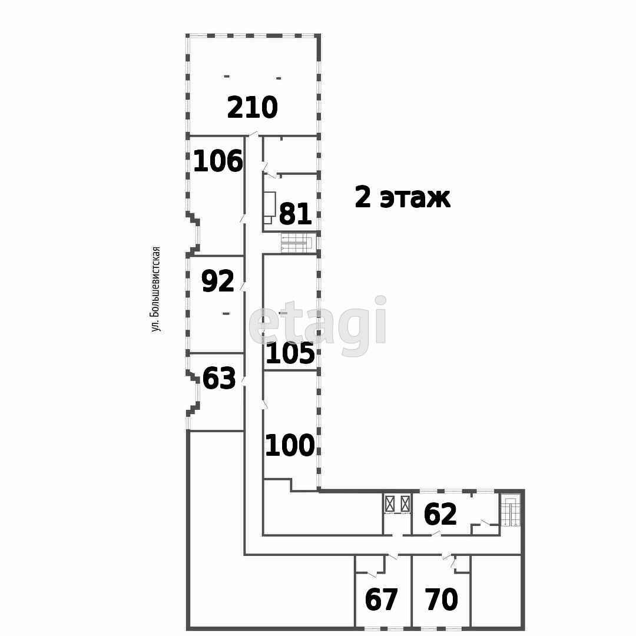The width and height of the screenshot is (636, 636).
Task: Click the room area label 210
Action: point(252,108)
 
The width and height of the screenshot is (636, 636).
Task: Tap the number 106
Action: point(218,161)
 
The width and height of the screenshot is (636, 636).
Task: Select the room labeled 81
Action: point(295,214)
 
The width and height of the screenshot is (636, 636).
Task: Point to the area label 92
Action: point(218,281)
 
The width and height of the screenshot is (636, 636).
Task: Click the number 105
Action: point(290,354)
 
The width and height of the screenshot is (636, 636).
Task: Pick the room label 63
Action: point(219,379)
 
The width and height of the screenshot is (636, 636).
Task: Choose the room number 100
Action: point(290,446)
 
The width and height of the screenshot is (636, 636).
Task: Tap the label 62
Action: point(440,515)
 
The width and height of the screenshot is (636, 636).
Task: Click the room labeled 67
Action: point(382,600)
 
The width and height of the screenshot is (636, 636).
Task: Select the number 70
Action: point(442,600)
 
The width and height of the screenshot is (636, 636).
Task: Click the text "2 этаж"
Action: point(402,197)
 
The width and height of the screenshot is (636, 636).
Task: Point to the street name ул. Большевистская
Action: point(156,289)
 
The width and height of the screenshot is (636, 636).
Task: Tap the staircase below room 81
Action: point(298,243)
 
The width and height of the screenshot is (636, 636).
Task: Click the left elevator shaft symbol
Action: point(389,504)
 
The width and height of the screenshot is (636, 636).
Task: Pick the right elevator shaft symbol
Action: point(405,504)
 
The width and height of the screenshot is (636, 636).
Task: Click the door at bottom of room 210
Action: point(253,135)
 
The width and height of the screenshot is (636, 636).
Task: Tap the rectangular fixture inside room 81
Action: point(270,204)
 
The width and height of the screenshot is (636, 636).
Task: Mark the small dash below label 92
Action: point(226,313)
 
